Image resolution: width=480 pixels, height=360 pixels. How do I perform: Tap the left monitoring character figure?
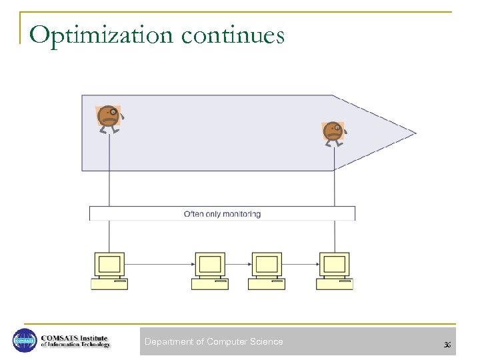pyautogui.click(x=109, y=118)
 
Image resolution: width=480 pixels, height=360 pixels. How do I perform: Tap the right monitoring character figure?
pyautogui.click(x=333, y=133)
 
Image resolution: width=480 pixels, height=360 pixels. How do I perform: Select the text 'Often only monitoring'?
pyautogui.click(x=222, y=214)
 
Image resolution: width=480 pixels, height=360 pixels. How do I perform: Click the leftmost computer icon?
pyautogui.click(x=109, y=271)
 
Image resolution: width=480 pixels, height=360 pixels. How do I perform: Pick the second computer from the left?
pyautogui.click(x=209, y=271)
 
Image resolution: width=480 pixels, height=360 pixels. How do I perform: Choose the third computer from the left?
pyautogui.click(x=267, y=271)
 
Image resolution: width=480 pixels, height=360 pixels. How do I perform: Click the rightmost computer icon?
pyautogui.click(x=335, y=271)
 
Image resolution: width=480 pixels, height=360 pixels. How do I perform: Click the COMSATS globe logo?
pyautogui.click(x=25, y=341)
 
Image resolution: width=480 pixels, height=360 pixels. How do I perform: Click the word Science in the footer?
pyautogui.click(x=266, y=342)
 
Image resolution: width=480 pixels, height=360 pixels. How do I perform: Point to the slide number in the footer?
pyautogui.click(x=447, y=344)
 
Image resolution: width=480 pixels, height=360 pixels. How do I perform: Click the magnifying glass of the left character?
pyautogui.click(x=114, y=112)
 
